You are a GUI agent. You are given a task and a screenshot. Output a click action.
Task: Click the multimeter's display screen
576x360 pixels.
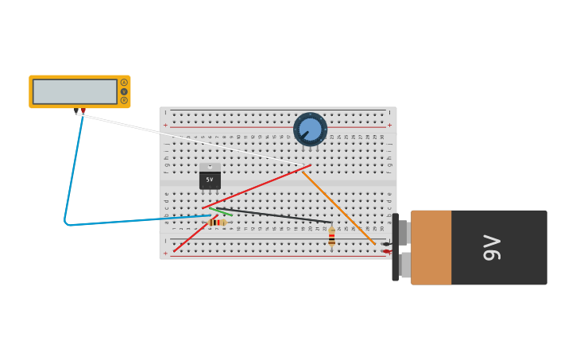coord(75,91)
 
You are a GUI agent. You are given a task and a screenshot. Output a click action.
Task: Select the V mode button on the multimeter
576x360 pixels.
coord(124,91)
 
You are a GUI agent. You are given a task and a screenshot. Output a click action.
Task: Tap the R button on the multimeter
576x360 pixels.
coord(124,100)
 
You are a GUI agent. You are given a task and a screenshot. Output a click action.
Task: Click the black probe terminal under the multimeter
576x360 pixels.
coord(76,111)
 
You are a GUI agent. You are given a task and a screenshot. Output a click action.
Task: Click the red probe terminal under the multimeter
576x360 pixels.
coord(83,111)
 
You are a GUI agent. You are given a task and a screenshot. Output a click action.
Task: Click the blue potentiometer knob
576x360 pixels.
coord(310,129)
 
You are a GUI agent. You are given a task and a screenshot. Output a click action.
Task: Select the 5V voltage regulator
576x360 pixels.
coord(210,180)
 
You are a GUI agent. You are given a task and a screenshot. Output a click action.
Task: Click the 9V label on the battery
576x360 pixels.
coord(492,247)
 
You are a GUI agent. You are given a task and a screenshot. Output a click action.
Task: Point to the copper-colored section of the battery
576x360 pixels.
coord(431,247)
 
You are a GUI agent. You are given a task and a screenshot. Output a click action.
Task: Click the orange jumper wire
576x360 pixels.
coord(338,207)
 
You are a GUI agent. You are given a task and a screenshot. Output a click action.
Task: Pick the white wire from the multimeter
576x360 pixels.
coord(191,140)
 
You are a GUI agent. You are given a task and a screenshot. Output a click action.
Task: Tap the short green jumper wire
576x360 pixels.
coord(224,212)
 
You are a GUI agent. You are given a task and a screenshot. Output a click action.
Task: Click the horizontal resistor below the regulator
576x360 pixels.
coord(216,223)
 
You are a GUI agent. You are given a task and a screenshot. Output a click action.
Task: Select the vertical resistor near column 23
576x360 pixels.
coord(331,237)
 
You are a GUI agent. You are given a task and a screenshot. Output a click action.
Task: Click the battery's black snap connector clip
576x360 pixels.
coord(395,247)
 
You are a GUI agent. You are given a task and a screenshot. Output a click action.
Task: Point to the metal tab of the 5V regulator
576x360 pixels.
coord(210,167)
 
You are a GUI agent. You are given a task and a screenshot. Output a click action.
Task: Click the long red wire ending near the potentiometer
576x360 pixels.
coord(254,188)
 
